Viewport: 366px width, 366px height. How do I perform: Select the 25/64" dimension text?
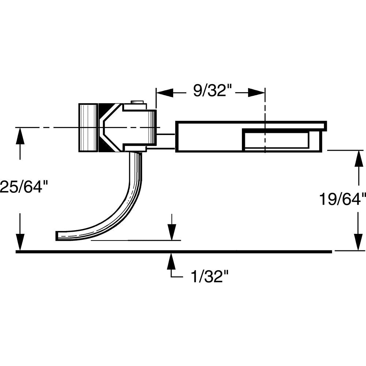tap(24, 186)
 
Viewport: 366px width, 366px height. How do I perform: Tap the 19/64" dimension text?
tap(342, 199)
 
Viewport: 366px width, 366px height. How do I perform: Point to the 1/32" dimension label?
tap(207, 277)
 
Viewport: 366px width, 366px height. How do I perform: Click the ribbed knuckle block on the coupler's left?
tap(88, 127)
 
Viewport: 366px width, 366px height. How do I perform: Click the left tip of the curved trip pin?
tap(58, 236)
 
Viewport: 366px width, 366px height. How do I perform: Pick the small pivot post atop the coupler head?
tap(138, 102)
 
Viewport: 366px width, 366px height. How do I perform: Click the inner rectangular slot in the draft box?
tap(276, 141)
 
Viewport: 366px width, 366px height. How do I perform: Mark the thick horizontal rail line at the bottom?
tap(174, 251)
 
